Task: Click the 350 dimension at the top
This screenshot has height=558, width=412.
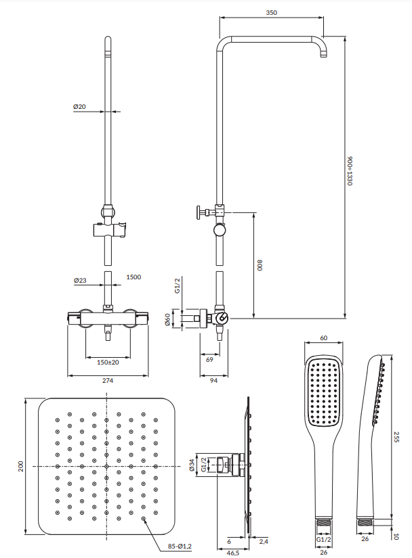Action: coord(271,12)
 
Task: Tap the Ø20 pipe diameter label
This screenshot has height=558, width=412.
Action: coord(79,107)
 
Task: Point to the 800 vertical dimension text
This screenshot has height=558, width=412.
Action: coord(258,264)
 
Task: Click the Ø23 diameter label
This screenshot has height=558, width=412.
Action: coord(79,279)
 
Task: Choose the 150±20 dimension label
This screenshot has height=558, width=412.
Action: coord(108,363)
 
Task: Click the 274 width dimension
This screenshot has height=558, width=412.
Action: coord(108,381)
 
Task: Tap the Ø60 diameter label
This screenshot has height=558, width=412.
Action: coord(167,319)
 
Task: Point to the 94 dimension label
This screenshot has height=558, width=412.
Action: coord(213,381)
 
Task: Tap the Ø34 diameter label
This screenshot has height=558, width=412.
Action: coord(192,465)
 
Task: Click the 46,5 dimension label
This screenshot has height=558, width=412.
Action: coord(232,553)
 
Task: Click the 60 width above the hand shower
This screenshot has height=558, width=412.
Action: coord(323,338)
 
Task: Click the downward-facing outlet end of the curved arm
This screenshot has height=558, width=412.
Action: coord(323,54)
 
